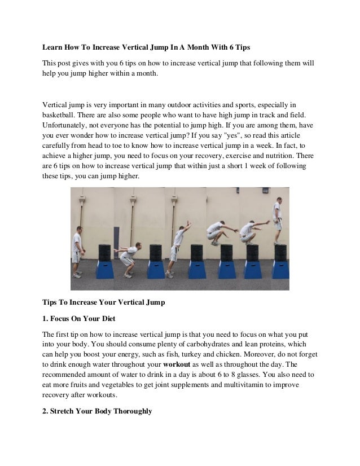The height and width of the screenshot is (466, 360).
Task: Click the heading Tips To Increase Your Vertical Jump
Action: click(104, 302)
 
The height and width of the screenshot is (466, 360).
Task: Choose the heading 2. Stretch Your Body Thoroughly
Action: click(98, 411)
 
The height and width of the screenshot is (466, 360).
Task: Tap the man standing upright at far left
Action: click(77, 248)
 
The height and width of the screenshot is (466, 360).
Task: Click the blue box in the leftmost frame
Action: click(104, 269)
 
